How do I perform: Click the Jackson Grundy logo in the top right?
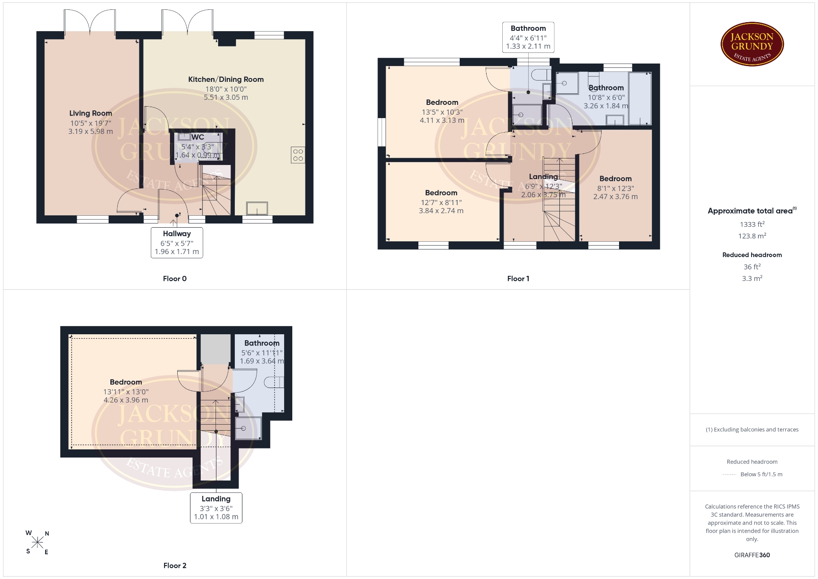(752, 44)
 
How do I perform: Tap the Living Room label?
(91, 113)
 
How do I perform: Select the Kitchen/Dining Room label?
(226, 79)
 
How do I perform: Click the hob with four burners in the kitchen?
(298, 155)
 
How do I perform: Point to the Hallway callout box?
(177, 243)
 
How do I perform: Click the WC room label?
(198, 137)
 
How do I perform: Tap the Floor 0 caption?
(175, 278)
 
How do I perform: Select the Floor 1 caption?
(518, 278)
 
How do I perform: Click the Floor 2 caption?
(175, 565)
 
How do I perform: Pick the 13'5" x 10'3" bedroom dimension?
(442, 112)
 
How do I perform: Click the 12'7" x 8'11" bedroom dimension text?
(441, 203)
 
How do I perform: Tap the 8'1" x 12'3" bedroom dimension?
(616, 188)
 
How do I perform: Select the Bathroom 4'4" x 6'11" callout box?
(528, 37)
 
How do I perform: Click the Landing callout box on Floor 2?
(216, 508)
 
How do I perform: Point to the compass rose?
(37, 542)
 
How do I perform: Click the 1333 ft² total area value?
(752, 224)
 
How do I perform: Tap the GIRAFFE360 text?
(752, 555)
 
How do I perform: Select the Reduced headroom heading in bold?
(752, 255)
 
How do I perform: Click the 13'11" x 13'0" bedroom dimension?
(126, 392)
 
